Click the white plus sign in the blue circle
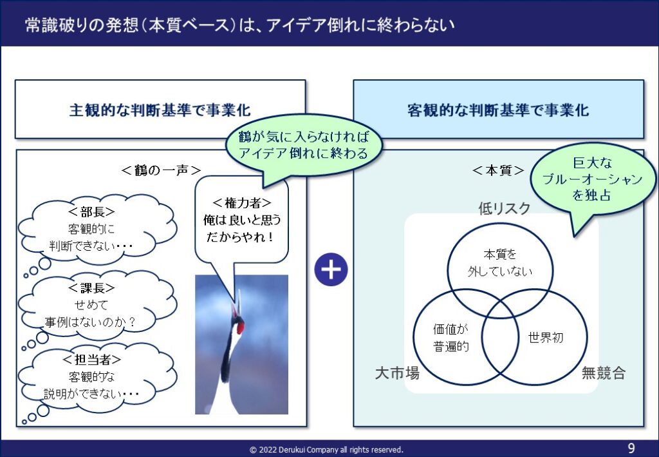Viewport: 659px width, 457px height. point(331,269)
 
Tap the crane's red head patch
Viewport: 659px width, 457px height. point(239,326)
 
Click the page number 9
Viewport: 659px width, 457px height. point(631,448)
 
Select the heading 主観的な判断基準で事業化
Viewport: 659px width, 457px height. point(160,110)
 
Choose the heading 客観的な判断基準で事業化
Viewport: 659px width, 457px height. point(498,110)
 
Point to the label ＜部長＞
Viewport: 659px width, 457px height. point(91,211)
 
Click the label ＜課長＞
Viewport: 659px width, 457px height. point(91,288)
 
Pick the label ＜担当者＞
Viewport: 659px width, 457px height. point(91,360)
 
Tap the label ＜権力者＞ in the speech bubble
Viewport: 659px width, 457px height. point(242,203)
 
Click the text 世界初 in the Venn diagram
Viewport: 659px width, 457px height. point(546,338)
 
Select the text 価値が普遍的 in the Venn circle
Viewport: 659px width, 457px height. point(451,338)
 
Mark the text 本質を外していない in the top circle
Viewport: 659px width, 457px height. point(500,263)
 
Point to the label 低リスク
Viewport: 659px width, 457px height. point(505,208)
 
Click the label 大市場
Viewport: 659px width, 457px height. point(397,373)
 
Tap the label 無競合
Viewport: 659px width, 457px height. point(604,373)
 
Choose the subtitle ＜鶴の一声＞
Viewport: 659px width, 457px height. point(161,170)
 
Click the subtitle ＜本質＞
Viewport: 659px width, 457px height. point(498,170)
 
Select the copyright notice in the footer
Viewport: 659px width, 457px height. point(326,450)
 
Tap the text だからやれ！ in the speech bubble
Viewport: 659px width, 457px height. point(240,237)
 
